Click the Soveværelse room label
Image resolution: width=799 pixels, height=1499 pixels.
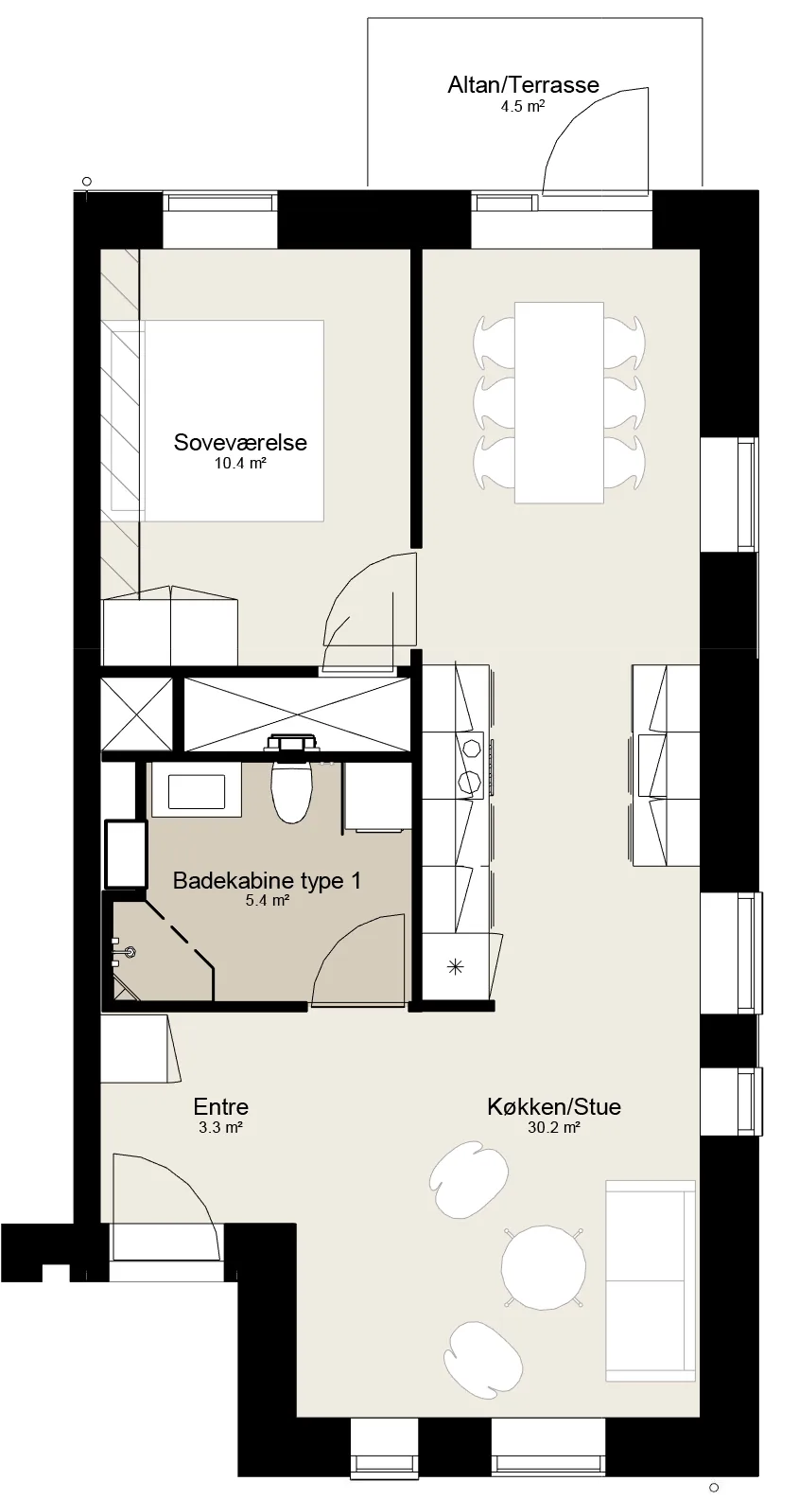click(x=240, y=442)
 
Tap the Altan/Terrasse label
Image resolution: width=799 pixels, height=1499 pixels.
click(x=524, y=85)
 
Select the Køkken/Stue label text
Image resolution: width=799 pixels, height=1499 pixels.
click(x=554, y=1106)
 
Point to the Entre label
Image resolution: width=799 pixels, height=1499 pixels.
click(x=220, y=1106)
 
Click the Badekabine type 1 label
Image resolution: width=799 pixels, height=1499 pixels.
click(x=267, y=880)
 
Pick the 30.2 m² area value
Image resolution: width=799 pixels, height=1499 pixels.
click(x=553, y=1128)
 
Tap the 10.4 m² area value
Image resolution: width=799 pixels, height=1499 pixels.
click(x=240, y=463)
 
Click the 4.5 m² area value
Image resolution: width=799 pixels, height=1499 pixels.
click(x=523, y=106)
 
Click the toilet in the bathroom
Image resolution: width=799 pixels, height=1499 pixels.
click(x=291, y=780)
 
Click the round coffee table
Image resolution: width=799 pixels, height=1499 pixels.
click(x=543, y=1267)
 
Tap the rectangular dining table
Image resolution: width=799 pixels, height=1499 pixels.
click(x=559, y=402)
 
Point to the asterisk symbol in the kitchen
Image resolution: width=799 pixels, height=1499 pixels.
click(x=456, y=966)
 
